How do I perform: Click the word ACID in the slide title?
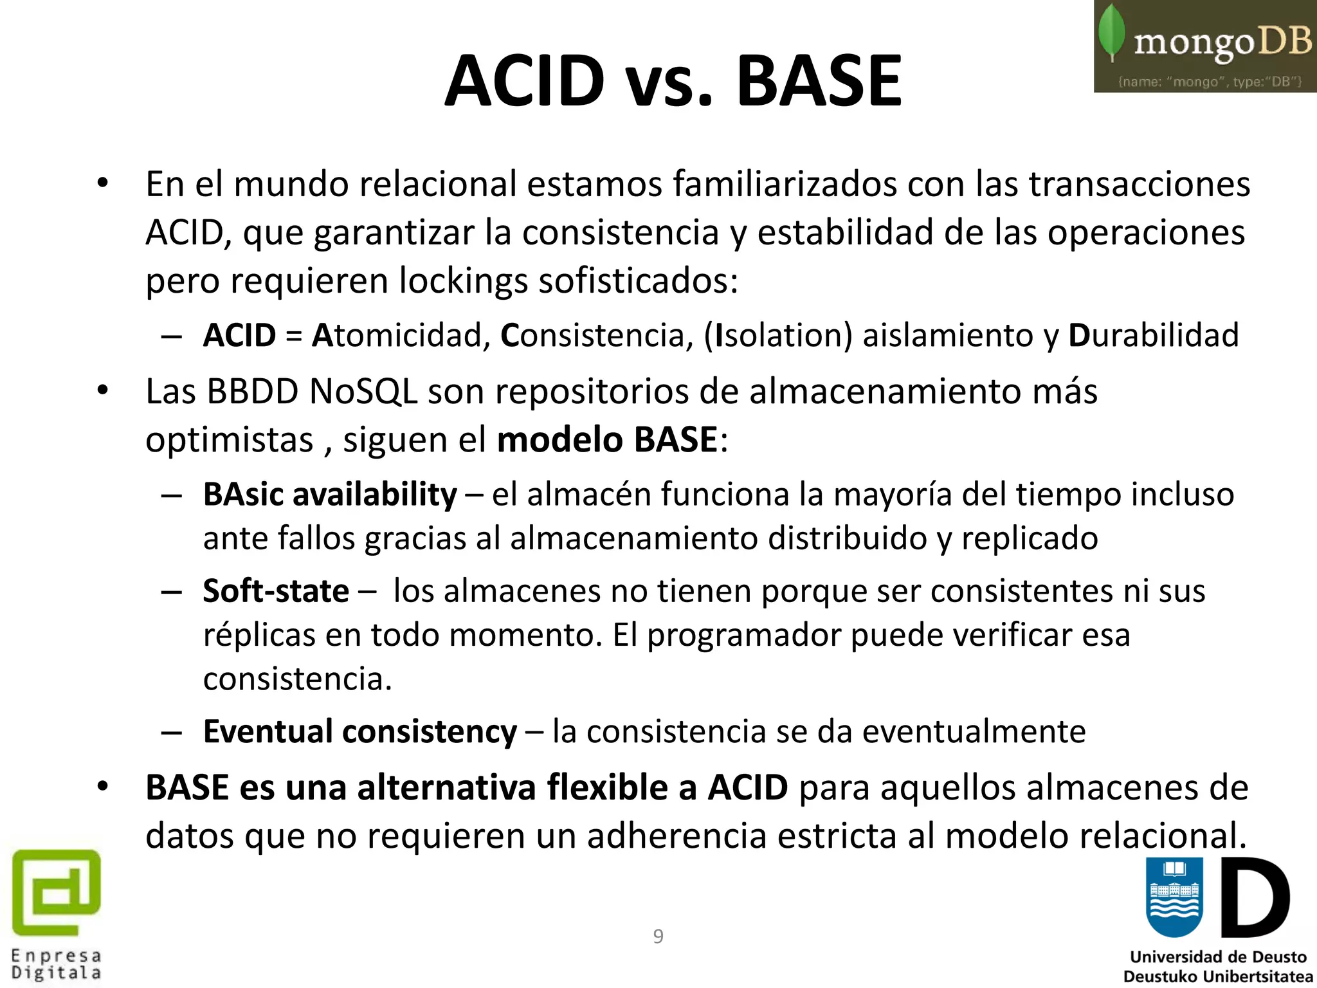[x=525, y=81]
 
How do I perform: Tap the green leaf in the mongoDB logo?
[x=1111, y=32]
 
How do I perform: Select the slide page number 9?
[x=658, y=937]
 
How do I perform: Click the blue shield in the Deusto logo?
[x=1174, y=897]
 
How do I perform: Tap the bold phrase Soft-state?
[x=276, y=590]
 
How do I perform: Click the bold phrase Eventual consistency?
[x=359, y=731]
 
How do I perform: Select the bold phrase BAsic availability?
[x=330, y=495]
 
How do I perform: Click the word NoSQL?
[x=363, y=391]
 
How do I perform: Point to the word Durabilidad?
[x=1154, y=335]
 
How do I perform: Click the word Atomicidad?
[x=397, y=335]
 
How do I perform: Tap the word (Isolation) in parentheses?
[x=778, y=335]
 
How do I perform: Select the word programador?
[x=743, y=635]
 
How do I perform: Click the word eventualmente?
[x=974, y=731]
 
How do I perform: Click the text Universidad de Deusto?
[x=1218, y=957]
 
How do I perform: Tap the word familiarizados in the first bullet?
[x=785, y=184]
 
